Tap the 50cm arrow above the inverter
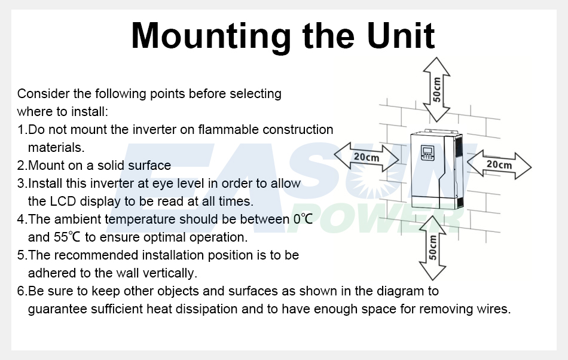point(436,90)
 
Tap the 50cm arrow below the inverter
point(432,248)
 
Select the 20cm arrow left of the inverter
point(367,157)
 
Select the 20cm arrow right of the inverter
point(499,165)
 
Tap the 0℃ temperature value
point(303,219)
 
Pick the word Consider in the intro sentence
point(44,93)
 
